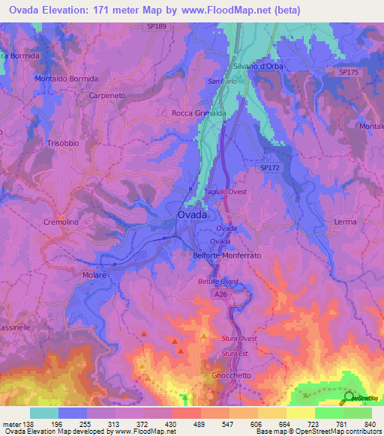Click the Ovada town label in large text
click(x=193, y=215)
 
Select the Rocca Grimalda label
click(x=199, y=113)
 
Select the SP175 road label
click(x=348, y=72)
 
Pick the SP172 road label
click(x=271, y=169)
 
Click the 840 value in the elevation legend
click(x=369, y=424)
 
